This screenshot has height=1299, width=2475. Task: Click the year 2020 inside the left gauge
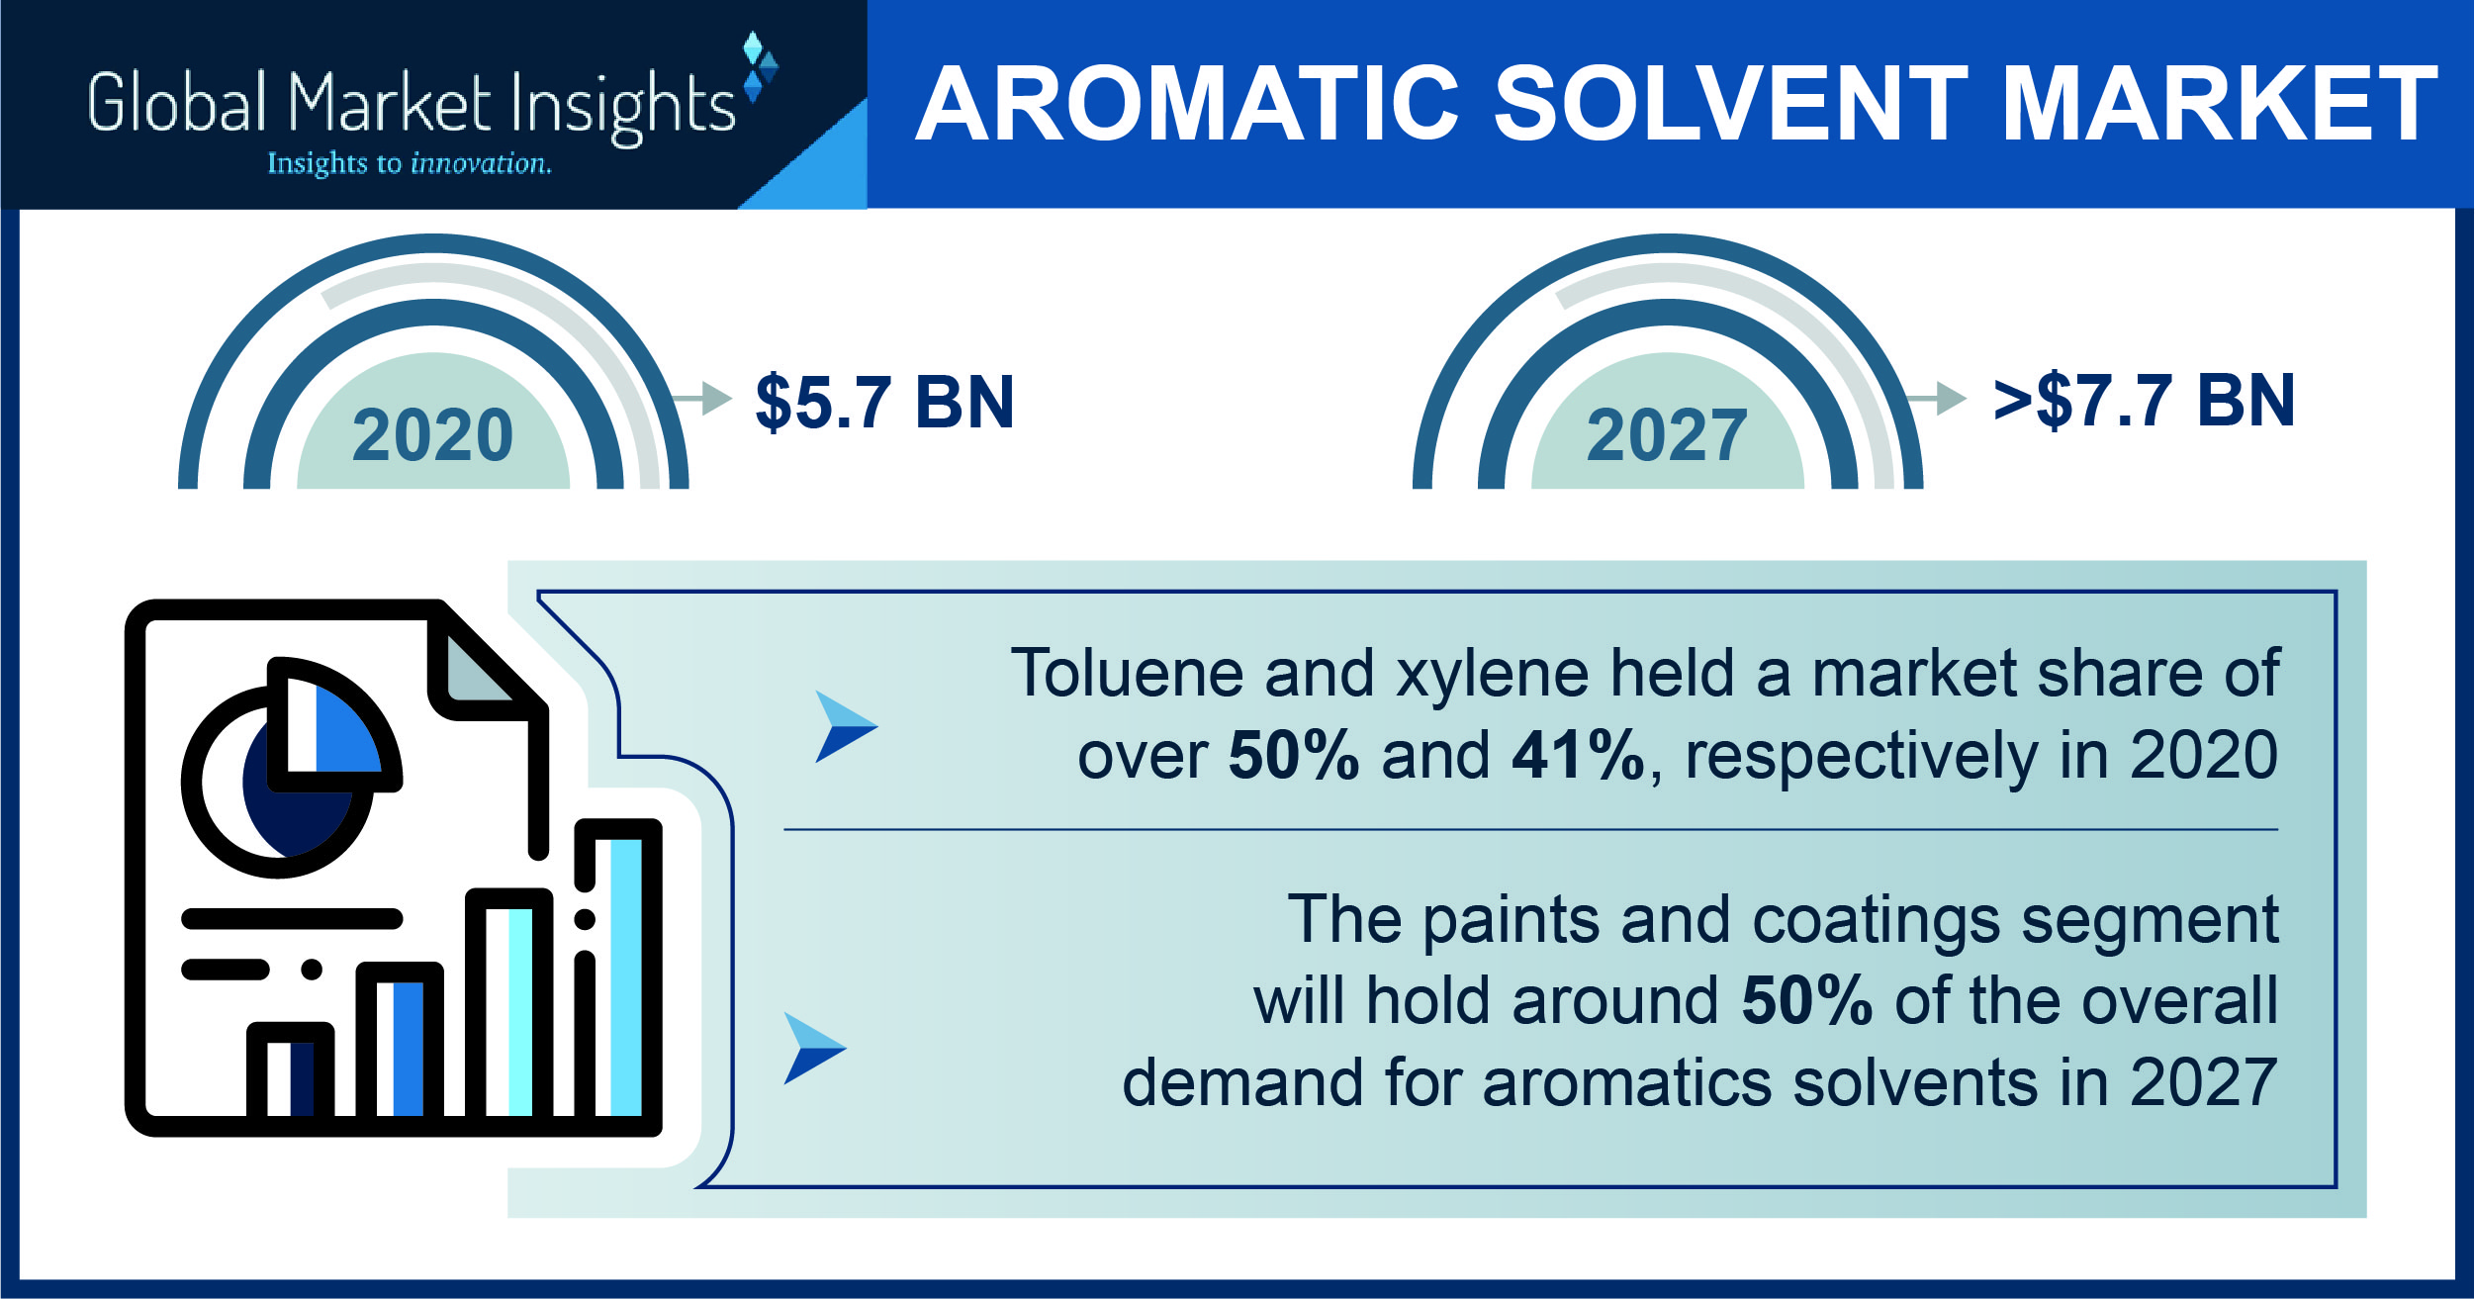coord(433,435)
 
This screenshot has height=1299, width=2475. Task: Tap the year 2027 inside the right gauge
coord(1667,435)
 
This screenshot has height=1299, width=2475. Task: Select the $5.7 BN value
coord(884,402)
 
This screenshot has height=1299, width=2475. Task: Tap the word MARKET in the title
coord(2220,104)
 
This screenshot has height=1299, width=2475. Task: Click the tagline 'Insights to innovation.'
coord(410,163)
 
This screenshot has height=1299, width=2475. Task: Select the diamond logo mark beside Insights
coord(760,67)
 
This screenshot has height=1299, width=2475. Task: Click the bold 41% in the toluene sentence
coord(1578,755)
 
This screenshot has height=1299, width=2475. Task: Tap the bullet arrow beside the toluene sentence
coord(844,726)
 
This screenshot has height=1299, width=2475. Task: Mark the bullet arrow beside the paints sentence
coord(813,1049)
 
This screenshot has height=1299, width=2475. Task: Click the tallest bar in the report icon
coord(618,971)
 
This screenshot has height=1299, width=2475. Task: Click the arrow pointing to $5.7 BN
coord(701,399)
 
